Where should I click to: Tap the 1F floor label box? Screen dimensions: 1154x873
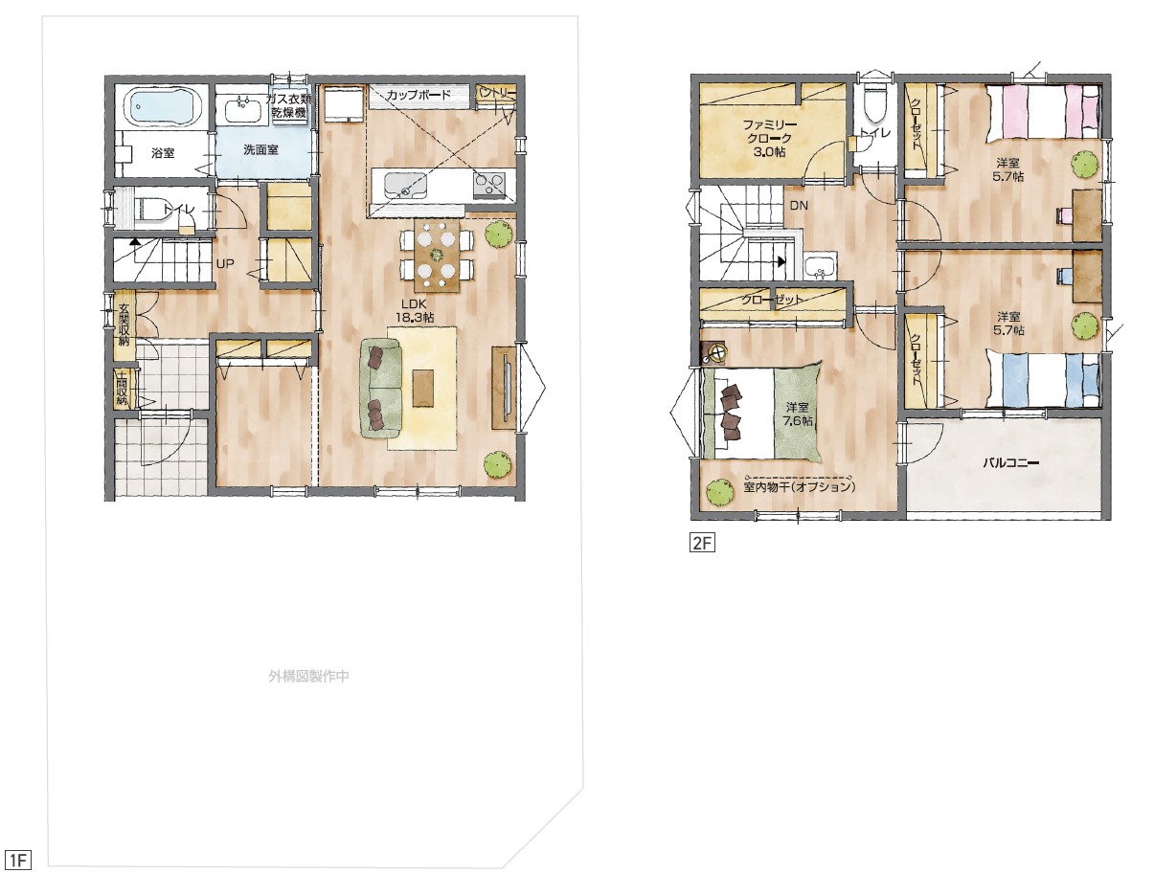pos(17,860)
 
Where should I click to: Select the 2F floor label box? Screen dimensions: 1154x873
pos(702,543)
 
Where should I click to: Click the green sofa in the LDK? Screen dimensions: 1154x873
pos(381,389)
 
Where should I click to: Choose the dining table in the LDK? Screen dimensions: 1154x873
pos(437,256)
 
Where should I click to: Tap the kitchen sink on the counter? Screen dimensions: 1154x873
pos(405,186)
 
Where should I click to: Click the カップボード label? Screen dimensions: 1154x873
pos(419,95)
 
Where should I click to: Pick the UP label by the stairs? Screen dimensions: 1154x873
pos(225,263)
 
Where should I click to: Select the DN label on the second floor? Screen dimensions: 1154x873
pos(799,206)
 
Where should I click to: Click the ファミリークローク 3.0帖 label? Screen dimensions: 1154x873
pos(770,139)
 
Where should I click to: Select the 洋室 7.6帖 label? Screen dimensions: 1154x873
pos(797,414)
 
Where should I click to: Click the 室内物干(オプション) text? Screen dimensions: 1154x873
pos(799,486)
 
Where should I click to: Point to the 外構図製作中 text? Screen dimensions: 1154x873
pos(308,676)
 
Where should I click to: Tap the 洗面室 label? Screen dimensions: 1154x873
pos(260,149)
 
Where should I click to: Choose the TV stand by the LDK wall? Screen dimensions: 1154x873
pos(504,388)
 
